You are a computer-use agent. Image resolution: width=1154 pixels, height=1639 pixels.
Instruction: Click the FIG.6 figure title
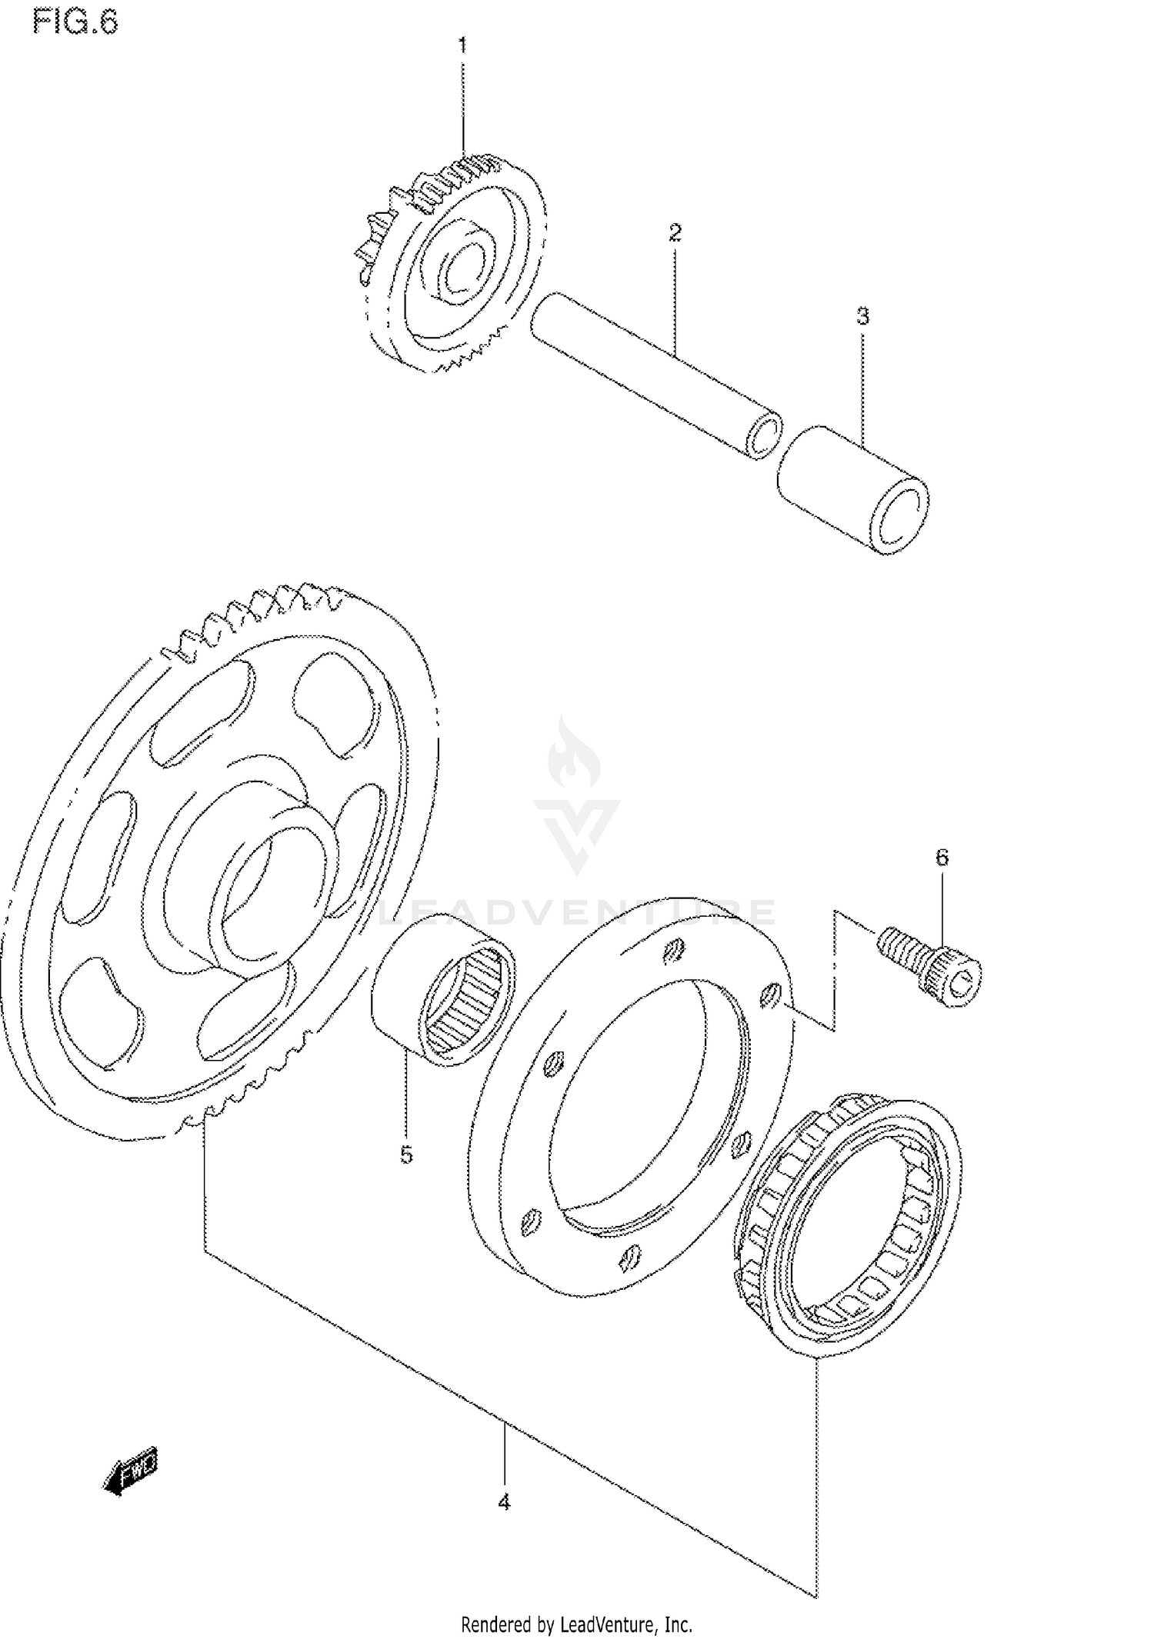tap(75, 22)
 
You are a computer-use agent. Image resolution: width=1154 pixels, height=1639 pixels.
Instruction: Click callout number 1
tap(462, 46)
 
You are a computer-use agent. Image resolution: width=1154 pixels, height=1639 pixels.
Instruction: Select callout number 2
tap(675, 233)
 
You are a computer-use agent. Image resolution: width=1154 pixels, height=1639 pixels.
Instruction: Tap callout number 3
tap(862, 316)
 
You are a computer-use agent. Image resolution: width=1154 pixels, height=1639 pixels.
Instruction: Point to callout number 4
tap(504, 1501)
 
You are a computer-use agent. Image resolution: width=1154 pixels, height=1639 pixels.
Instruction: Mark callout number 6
tap(942, 858)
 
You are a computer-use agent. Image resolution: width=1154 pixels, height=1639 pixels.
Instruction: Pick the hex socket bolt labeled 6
tap(931, 965)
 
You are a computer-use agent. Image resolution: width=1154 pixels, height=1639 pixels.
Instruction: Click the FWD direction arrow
tap(131, 1473)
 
